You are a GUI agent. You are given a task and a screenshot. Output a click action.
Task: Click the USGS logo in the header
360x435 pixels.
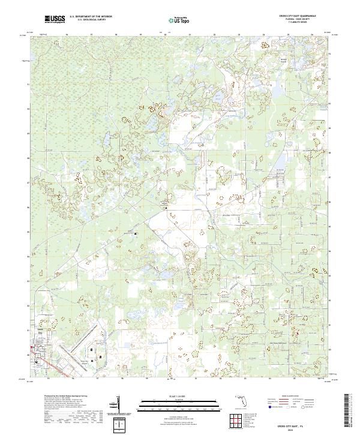click(x=55, y=20)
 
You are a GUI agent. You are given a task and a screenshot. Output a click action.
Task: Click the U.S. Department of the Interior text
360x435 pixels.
click(x=90, y=17)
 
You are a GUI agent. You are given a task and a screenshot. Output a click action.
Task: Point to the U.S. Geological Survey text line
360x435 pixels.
click(x=90, y=21)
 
